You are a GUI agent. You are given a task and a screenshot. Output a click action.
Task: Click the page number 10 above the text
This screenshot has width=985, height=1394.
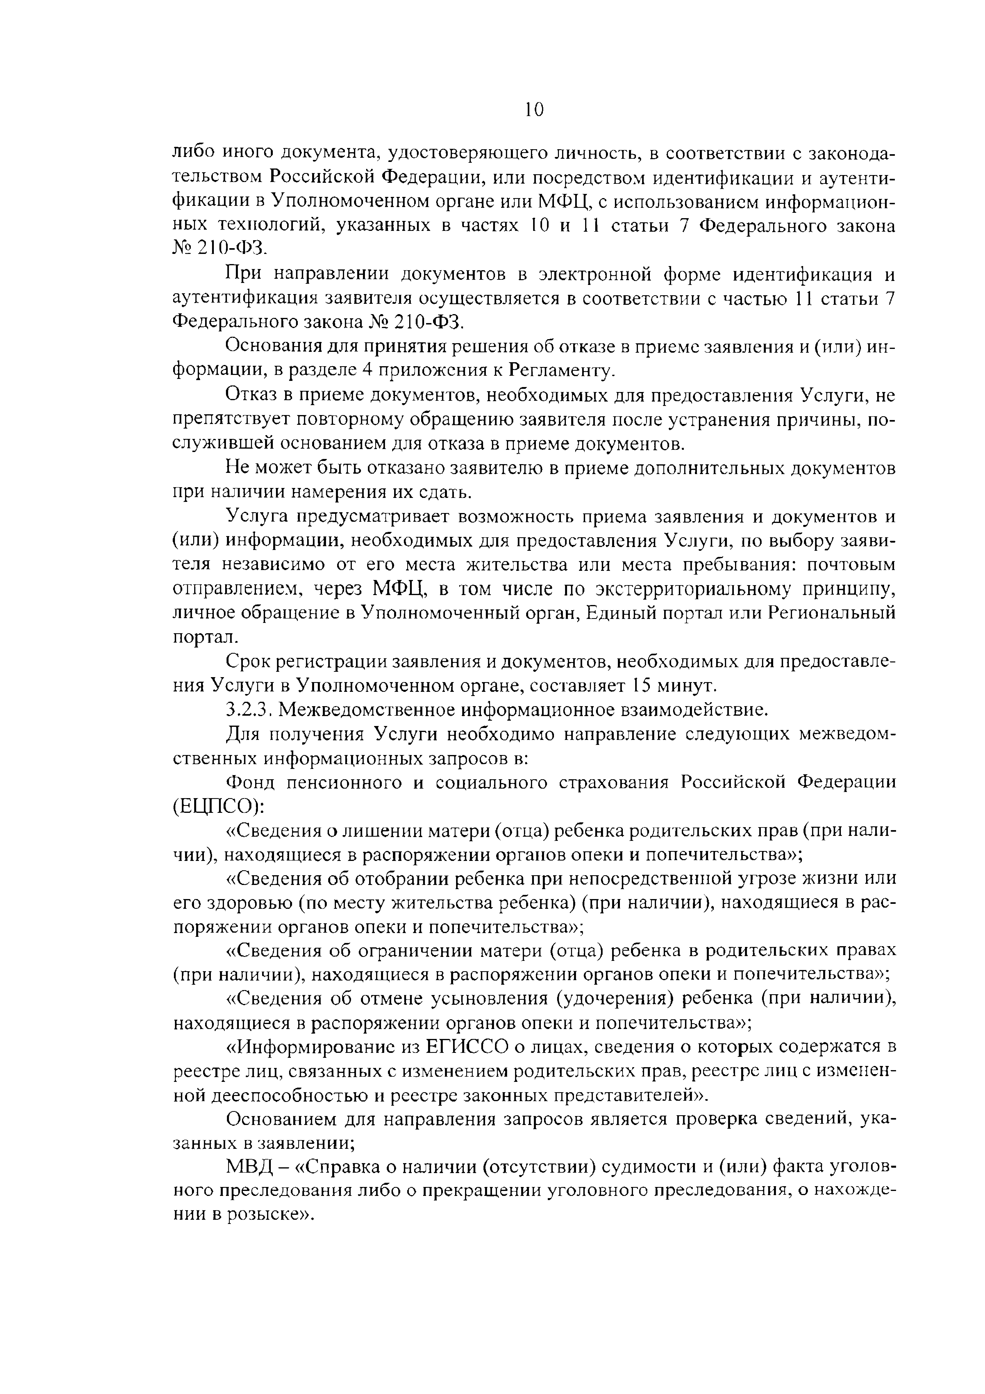(534, 110)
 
